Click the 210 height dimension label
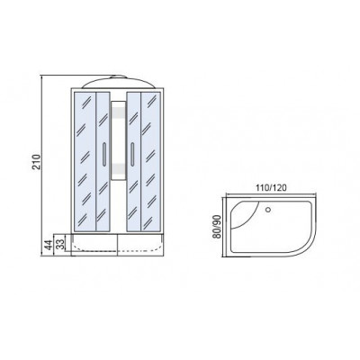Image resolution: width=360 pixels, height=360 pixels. pos(36,162)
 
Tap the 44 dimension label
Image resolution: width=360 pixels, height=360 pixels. pos(48,245)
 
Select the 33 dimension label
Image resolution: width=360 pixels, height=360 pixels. pos(60,244)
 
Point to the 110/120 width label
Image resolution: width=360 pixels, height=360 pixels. pos(271,188)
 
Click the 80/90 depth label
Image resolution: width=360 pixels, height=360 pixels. pos(217,227)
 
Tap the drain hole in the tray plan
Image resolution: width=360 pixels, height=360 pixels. pos(268,209)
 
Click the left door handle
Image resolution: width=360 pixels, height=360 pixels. pos(103,154)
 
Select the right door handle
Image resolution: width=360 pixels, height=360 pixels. pos(132,154)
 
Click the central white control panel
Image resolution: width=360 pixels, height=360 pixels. pos(118,140)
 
